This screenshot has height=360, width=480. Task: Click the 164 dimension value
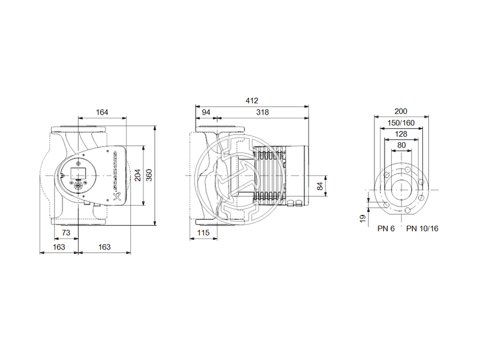102,112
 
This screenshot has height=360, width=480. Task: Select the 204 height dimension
139,175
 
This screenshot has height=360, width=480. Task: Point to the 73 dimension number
67,232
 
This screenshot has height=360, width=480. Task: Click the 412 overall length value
253,101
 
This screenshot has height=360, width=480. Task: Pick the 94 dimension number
205,112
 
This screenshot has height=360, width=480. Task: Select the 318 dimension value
262,112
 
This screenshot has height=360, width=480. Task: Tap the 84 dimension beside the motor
320,186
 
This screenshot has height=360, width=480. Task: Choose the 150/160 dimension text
401,123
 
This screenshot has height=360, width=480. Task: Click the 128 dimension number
401,134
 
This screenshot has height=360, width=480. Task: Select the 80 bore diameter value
401,145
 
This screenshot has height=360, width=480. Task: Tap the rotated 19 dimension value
362,219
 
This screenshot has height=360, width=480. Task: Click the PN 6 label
386,229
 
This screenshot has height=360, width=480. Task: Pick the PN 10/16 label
422,229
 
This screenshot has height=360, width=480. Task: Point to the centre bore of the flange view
401,189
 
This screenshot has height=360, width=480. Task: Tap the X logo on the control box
116,196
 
